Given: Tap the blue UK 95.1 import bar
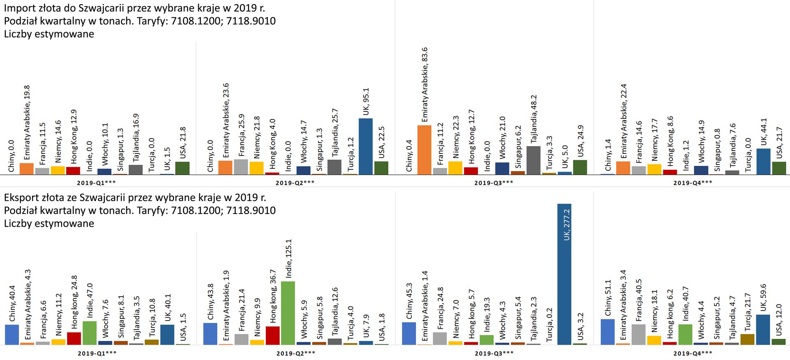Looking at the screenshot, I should tap(365, 146).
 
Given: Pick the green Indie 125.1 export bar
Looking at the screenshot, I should tap(288, 313).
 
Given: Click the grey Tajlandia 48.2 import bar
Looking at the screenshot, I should tap(533, 160).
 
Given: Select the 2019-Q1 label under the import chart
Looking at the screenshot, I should tap(96, 182).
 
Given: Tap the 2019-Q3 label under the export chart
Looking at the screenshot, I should tap(494, 353).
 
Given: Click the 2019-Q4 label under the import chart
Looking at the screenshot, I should tap(692, 182).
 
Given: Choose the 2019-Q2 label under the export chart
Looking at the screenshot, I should tap(295, 353).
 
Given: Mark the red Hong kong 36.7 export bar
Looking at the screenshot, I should tap(272, 335).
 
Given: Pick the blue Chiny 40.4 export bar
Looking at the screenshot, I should tap(12, 334).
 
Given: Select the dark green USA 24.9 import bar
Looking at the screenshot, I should tap(580, 167).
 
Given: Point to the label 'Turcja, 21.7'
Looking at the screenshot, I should tap(747, 315).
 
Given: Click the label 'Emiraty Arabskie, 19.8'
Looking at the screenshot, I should tap(27, 123).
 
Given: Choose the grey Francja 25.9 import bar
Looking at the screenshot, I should tap(241, 167).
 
